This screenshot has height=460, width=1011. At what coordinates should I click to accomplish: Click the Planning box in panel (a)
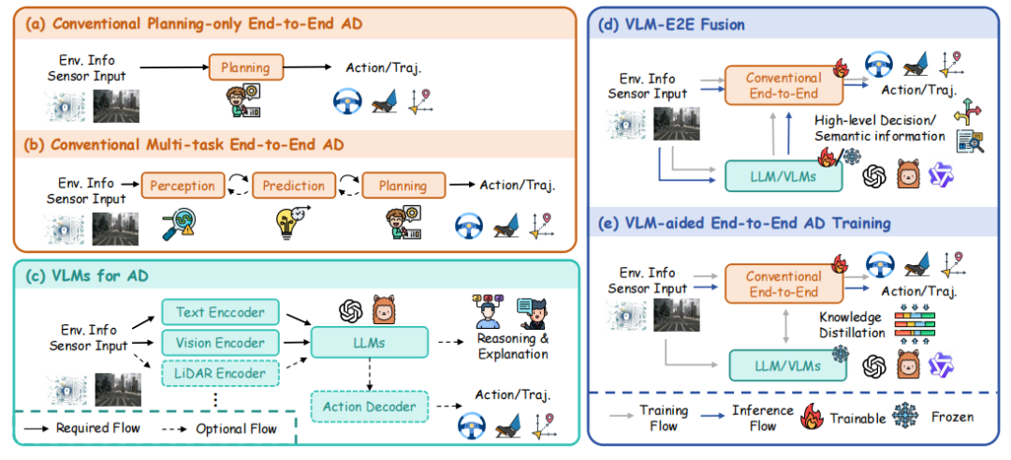pyautogui.click(x=246, y=67)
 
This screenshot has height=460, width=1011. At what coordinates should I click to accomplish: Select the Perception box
pyautogui.click(x=183, y=185)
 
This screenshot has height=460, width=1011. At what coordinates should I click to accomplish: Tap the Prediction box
pyautogui.click(x=293, y=185)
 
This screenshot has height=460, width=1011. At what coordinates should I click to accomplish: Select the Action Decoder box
pyautogui.click(x=370, y=407)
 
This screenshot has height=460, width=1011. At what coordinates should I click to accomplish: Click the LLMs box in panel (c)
pyautogui.click(x=370, y=342)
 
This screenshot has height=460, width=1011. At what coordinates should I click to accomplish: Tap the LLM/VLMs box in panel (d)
pyautogui.click(x=785, y=175)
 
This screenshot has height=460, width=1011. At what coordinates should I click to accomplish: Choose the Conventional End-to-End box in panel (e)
pyautogui.click(x=784, y=285)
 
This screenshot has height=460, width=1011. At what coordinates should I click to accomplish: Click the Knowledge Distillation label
pyautogui.click(x=850, y=325)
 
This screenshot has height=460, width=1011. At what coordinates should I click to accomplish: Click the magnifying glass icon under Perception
pyautogui.click(x=179, y=223)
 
